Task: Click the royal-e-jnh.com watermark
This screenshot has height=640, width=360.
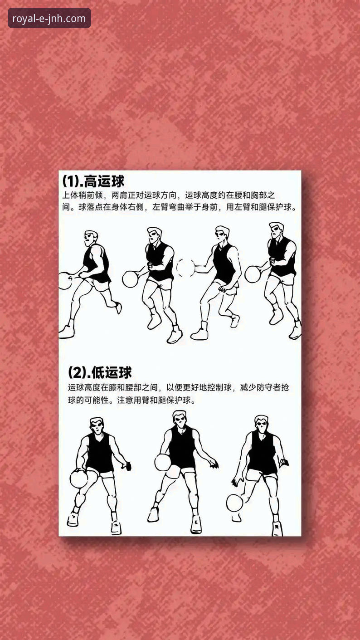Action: coord(49,19)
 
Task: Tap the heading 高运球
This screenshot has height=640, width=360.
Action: coord(104,181)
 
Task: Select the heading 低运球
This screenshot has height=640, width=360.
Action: coord(111,372)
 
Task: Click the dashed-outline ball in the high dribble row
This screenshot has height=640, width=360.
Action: coord(185,268)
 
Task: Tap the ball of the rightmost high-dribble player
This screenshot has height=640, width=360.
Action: coord(253,274)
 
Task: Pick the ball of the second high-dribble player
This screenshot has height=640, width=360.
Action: coord(131,278)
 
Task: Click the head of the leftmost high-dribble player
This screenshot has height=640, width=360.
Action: coord(91,238)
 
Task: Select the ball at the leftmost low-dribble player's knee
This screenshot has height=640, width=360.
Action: coord(78,479)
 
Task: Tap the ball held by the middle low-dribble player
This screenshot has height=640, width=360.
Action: coord(163,462)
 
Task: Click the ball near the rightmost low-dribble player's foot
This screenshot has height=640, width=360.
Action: coord(234,503)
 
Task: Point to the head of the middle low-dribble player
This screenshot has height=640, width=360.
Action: coord(180,419)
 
